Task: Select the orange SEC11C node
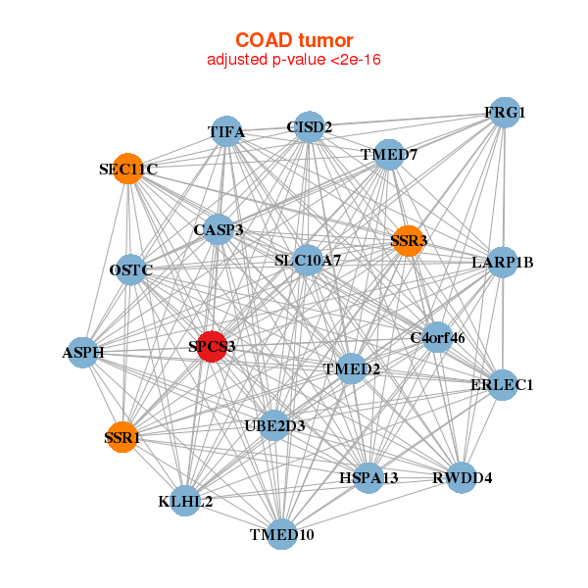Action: (x=127, y=169)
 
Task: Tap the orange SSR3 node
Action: (x=408, y=240)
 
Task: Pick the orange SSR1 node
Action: (x=122, y=437)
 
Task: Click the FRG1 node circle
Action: (x=504, y=113)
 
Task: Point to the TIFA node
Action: (x=226, y=132)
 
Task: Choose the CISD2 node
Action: (x=310, y=127)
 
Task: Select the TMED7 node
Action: (x=389, y=155)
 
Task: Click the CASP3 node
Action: (x=218, y=230)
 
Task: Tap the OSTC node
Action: (x=131, y=269)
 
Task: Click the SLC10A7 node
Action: (x=308, y=260)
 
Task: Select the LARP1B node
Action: (x=502, y=262)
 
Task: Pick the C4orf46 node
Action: (x=437, y=338)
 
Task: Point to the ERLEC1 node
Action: (x=502, y=384)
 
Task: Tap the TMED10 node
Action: (x=282, y=534)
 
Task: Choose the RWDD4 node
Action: (x=462, y=478)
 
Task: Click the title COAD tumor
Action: (x=294, y=40)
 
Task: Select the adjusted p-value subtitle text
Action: (x=294, y=60)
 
